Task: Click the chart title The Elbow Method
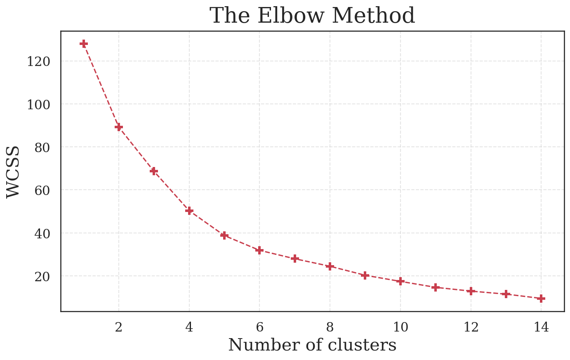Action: click(x=312, y=16)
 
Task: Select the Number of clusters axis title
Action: click(x=312, y=345)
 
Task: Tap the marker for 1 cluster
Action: click(x=84, y=44)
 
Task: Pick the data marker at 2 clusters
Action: click(x=119, y=127)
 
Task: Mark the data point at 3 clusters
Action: click(x=154, y=171)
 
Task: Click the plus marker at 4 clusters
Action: click(x=189, y=211)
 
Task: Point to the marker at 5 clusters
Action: click(x=224, y=235)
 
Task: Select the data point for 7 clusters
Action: click(x=294, y=259)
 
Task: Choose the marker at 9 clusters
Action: click(x=365, y=275)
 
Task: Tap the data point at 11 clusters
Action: click(x=436, y=287)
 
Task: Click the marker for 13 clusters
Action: click(x=506, y=294)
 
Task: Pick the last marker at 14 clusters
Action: click(x=541, y=299)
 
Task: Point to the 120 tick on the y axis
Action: click(x=38, y=61)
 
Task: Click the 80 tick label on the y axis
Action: click(x=42, y=147)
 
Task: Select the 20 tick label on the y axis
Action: click(x=42, y=276)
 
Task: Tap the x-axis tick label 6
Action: click(x=259, y=327)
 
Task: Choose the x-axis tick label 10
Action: click(x=400, y=327)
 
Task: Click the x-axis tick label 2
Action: click(x=119, y=327)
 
